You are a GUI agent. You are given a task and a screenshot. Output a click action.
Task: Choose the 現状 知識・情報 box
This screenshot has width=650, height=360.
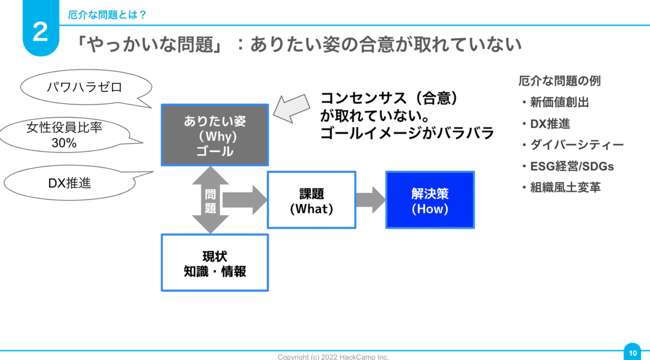[214, 263]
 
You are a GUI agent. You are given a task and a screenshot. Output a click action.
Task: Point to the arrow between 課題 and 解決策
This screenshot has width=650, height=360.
[371, 200]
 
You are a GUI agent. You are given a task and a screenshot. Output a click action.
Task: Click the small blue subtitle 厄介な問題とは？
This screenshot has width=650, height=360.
[107, 15]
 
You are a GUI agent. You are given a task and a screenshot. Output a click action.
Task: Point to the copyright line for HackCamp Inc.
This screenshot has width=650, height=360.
[333, 357]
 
